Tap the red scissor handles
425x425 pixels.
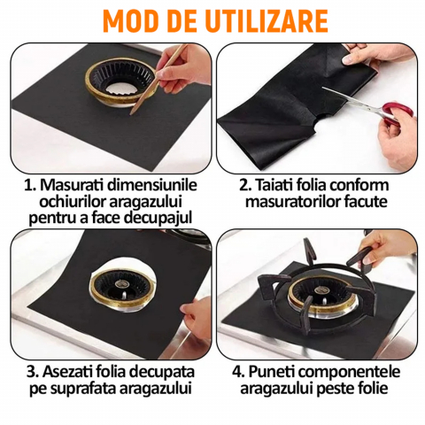click(x=398, y=113)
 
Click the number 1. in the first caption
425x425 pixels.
click(x=30, y=185)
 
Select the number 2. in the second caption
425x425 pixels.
click(x=245, y=185)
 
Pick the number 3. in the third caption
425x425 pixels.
click(x=33, y=372)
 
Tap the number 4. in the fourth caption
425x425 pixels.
click(x=238, y=372)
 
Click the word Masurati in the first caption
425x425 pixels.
click(x=72, y=185)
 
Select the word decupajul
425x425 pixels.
click(x=158, y=219)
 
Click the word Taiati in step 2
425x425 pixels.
click(x=274, y=185)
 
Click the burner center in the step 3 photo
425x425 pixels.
click(x=122, y=284)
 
